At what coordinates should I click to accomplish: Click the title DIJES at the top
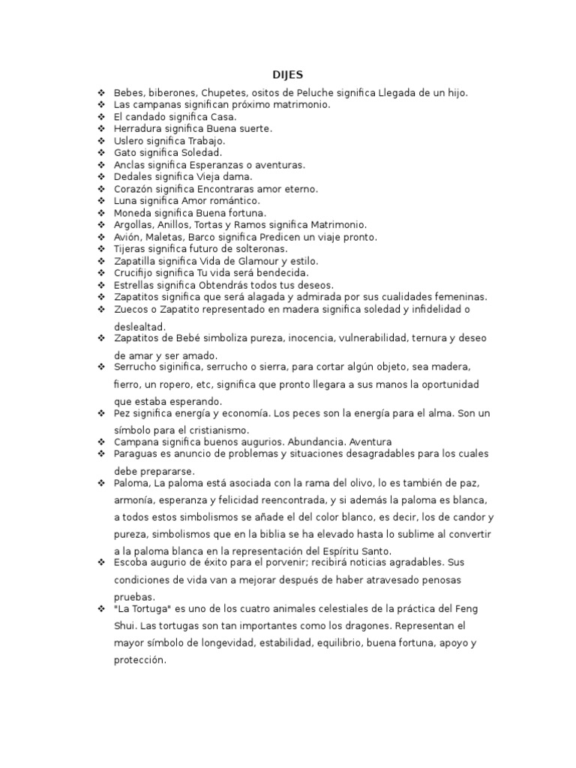click(x=287, y=75)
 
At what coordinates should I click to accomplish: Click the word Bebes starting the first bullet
click(x=127, y=93)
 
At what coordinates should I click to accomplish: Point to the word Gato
click(x=124, y=153)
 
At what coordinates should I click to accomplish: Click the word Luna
click(x=124, y=201)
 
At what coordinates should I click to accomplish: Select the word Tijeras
click(x=130, y=249)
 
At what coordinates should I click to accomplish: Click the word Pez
click(x=122, y=413)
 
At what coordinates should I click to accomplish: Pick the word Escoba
click(x=130, y=562)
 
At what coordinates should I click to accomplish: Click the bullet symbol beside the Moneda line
click(x=100, y=213)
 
